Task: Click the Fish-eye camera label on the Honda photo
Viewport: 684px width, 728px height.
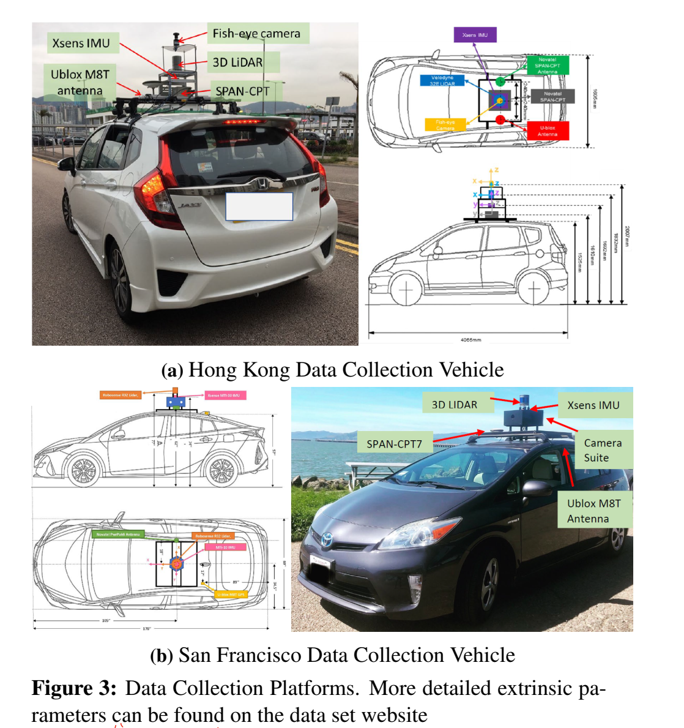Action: [x=256, y=34]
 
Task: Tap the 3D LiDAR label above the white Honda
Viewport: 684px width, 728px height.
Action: [x=237, y=62]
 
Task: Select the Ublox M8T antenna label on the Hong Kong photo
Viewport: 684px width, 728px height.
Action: [x=80, y=82]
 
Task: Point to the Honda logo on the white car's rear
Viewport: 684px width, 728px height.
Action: [x=261, y=184]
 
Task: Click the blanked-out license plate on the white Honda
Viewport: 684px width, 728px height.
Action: [x=259, y=206]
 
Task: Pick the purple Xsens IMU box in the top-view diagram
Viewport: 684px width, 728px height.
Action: [x=475, y=35]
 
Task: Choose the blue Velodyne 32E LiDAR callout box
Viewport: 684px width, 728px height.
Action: [x=442, y=80]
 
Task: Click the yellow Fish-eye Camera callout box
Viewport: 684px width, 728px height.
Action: [x=445, y=125]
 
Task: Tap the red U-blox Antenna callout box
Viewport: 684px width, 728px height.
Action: [x=548, y=130]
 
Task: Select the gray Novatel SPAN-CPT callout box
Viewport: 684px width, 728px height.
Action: [x=552, y=97]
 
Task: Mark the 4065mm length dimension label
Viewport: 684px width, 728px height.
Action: [x=470, y=339]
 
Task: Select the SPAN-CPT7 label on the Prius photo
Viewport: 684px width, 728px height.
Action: [x=394, y=444]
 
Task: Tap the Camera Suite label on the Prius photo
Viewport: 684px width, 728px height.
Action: [x=602, y=450]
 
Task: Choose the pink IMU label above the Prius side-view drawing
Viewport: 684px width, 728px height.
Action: [x=225, y=396]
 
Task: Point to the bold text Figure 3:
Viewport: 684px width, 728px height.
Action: [x=74, y=688]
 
